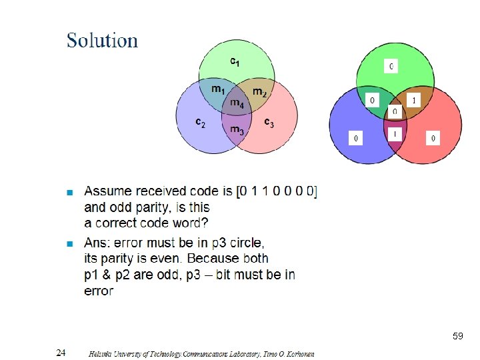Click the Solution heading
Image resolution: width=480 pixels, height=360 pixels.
pos(102,41)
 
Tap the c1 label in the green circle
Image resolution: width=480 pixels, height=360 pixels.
pos(235,61)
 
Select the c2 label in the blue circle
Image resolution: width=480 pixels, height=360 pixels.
pos(200,123)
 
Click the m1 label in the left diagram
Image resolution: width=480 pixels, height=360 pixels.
pos(218,89)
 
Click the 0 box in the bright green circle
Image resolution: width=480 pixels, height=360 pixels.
pos(391,66)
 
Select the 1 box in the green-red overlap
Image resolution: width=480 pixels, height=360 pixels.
pos(414,100)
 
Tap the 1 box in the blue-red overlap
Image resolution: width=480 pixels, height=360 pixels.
pos(395,134)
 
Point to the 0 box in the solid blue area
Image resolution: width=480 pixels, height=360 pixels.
pos(357,138)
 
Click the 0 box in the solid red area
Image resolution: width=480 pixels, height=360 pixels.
pos(433,138)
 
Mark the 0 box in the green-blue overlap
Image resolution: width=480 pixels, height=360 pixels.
pos(372,100)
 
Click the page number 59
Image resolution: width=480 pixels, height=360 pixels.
pos(457,336)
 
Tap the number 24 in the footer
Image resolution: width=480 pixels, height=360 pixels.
pos(61,353)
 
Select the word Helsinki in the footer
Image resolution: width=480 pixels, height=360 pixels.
pos(101,354)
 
